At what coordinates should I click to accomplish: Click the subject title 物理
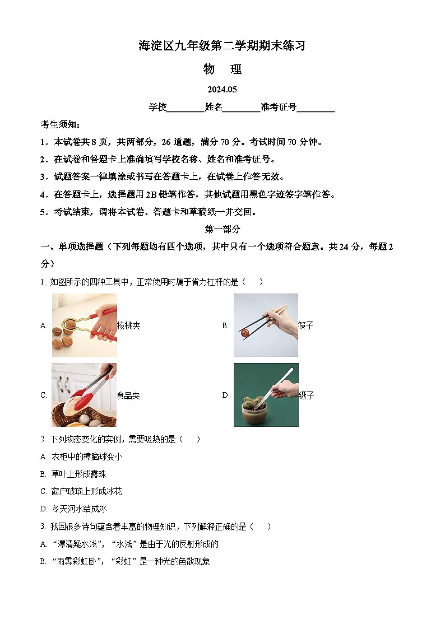[222, 69]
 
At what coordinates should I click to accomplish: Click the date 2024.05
[222, 90]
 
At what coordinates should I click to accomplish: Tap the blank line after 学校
[186, 108]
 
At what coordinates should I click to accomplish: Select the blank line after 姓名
[242, 108]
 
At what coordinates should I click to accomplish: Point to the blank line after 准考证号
[316, 108]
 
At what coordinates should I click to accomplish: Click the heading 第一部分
[222, 229]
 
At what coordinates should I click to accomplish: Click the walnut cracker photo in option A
[85, 325]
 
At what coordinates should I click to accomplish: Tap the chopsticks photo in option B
[266, 325]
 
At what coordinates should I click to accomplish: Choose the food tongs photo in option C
[84, 395]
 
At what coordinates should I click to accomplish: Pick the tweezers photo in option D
[266, 395]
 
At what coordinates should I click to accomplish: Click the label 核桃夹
[129, 326]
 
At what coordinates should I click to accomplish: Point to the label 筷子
[306, 326]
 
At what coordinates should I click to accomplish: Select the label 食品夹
[128, 396]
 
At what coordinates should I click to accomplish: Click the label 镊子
[307, 396]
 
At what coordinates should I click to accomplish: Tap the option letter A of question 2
[43, 457]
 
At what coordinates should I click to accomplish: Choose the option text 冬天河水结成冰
[79, 509]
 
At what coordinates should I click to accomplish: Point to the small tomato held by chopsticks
[245, 333]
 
